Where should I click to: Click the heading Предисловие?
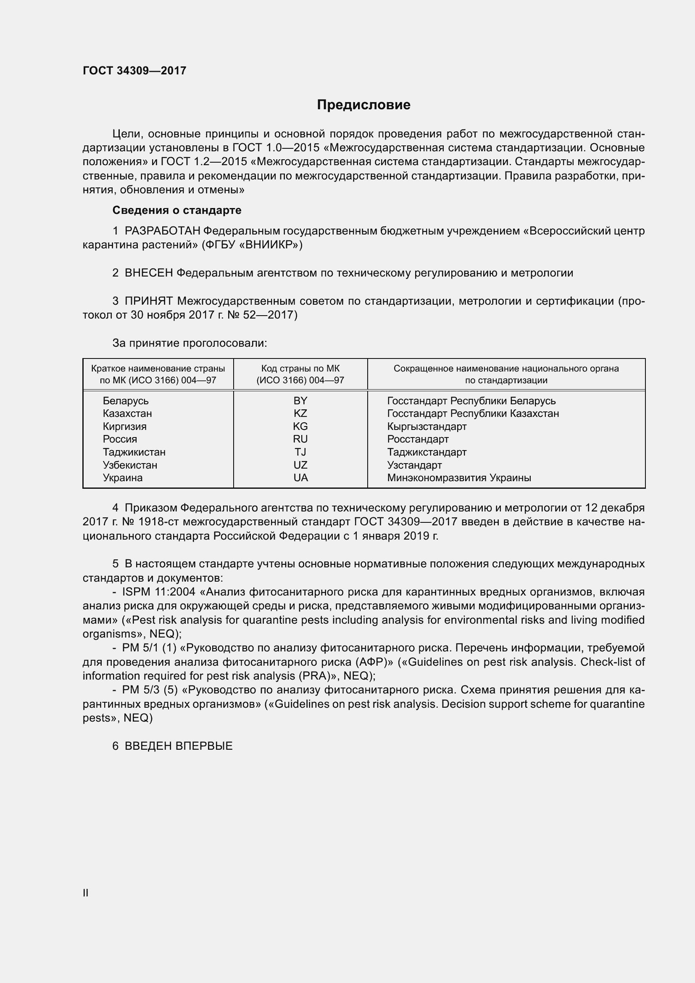coord(363,105)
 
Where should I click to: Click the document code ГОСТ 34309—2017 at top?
coord(134,71)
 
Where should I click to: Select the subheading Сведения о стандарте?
coord(177,210)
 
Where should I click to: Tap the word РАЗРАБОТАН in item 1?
coord(162,231)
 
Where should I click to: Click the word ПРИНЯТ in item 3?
coord(149,301)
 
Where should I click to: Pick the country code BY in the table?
coord(300,401)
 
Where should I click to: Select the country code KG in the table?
coord(300,427)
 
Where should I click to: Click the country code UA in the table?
coord(300,478)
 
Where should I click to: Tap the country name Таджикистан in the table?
coord(134,452)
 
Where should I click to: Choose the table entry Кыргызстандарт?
coord(426,427)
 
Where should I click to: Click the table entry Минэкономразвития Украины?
coord(459,478)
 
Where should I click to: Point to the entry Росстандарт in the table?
coord(418,439)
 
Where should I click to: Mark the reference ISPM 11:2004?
coord(159,592)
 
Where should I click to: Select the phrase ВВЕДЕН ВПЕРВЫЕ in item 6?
coord(179,746)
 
